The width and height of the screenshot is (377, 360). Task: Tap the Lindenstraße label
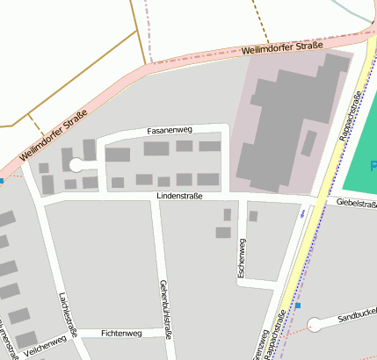(x=179, y=197)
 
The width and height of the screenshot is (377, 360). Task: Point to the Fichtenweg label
(x=121, y=334)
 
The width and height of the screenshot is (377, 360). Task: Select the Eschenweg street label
(x=242, y=259)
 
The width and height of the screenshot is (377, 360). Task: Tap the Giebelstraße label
(x=356, y=203)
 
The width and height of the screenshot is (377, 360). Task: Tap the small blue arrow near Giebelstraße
(x=303, y=212)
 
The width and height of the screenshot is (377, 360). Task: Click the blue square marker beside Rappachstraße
(x=298, y=306)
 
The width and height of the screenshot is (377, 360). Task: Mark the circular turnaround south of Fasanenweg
(x=76, y=164)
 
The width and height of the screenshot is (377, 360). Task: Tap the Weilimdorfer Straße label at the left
(x=54, y=136)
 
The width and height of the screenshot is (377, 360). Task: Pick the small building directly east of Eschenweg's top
(x=253, y=216)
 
